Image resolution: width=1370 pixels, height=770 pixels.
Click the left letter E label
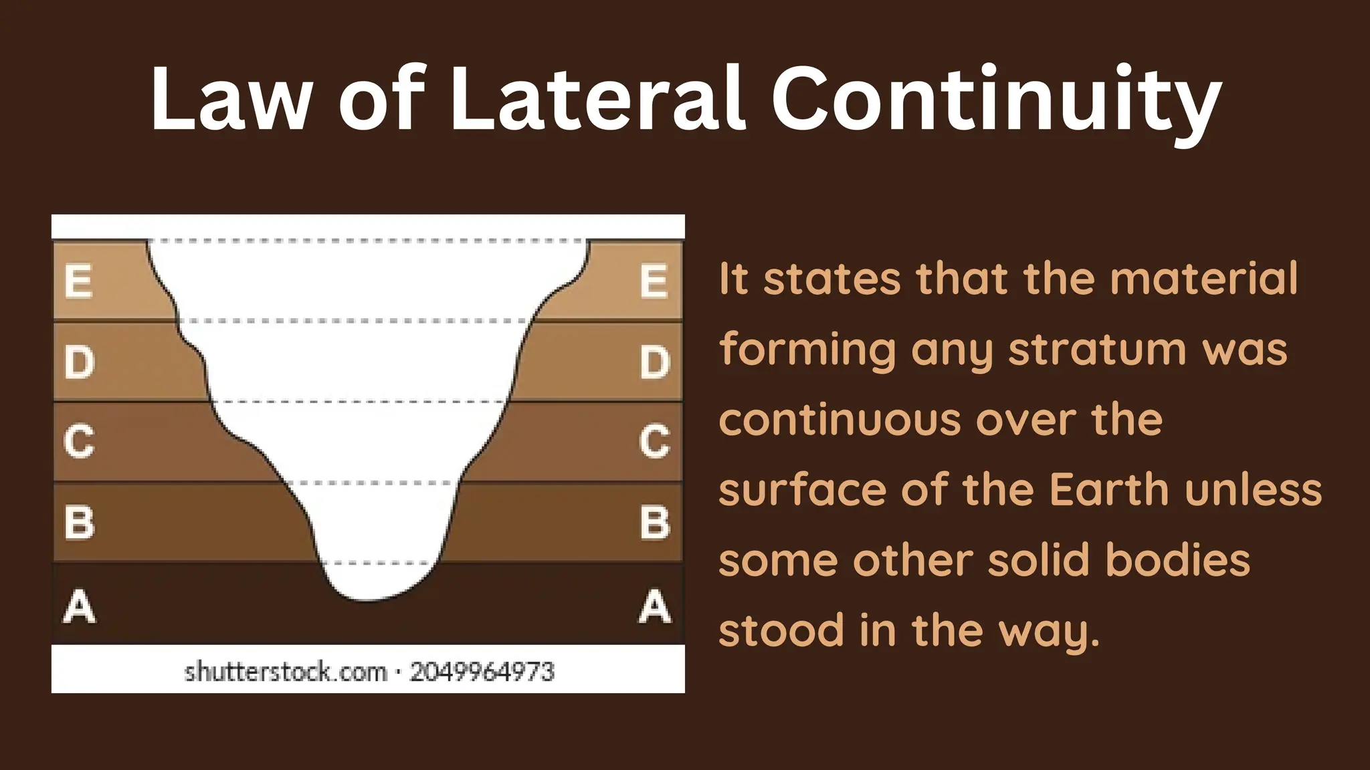[x=78, y=281]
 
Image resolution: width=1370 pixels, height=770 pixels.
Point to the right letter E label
[x=654, y=281]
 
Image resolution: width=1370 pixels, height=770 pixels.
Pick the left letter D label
[x=79, y=362]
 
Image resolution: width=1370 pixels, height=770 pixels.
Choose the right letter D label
[x=654, y=362]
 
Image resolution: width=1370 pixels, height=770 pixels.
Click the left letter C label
[x=79, y=441]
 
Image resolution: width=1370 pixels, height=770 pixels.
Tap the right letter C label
[x=654, y=441]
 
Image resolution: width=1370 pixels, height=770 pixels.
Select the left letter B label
[x=79, y=522]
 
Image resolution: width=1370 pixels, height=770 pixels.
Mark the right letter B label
[x=654, y=522]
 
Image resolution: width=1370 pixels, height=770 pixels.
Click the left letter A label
[x=79, y=607]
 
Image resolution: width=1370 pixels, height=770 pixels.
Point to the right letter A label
[x=654, y=607]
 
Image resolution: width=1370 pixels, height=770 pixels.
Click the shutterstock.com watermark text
[x=286, y=671]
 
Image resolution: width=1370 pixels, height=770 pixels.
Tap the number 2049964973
[x=482, y=671]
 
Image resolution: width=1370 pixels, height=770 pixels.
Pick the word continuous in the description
[x=840, y=420]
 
